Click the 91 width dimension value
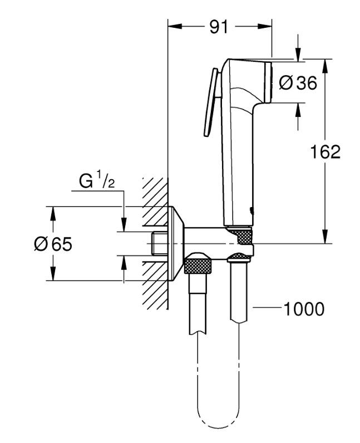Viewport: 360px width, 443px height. coord(219,26)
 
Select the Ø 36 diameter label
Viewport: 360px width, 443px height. coord(298,83)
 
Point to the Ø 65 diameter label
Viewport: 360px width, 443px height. coord(53,244)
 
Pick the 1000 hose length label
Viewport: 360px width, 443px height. coord(304,309)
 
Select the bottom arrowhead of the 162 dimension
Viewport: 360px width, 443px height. coord(326,239)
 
